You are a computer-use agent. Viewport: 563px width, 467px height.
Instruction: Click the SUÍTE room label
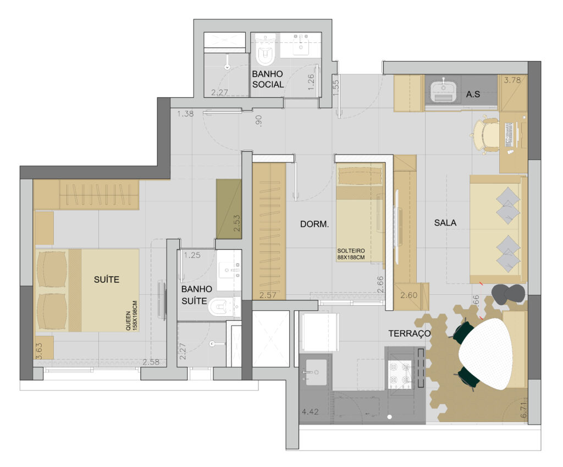(107, 279)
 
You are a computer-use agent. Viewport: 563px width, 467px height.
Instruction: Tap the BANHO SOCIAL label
(268, 79)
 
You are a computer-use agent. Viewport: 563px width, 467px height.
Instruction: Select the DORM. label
(314, 224)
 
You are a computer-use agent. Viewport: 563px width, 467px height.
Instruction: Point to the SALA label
(445, 223)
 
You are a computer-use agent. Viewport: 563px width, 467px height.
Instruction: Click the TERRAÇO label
(409, 334)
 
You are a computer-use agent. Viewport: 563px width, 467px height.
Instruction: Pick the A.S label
(473, 95)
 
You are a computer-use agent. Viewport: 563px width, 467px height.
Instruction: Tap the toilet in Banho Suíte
(223, 307)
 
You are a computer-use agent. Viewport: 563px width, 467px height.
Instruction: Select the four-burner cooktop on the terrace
(400, 373)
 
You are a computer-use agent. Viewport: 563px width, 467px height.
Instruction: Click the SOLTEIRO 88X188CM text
(351, 254)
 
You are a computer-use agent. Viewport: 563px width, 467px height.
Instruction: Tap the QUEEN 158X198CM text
(131, 316)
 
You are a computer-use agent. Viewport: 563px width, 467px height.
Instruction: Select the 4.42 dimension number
(310, 411)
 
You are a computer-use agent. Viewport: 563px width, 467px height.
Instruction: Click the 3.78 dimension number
(512, 80)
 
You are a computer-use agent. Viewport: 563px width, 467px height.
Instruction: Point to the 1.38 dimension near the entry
(185, 114)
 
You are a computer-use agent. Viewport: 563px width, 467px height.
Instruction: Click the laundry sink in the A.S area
(443, 90)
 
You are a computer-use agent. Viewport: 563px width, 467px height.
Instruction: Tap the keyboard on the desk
(509, 135)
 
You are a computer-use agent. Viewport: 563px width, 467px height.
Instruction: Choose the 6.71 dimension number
(524, 410)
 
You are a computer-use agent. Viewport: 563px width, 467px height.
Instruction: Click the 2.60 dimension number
(409, 295)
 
